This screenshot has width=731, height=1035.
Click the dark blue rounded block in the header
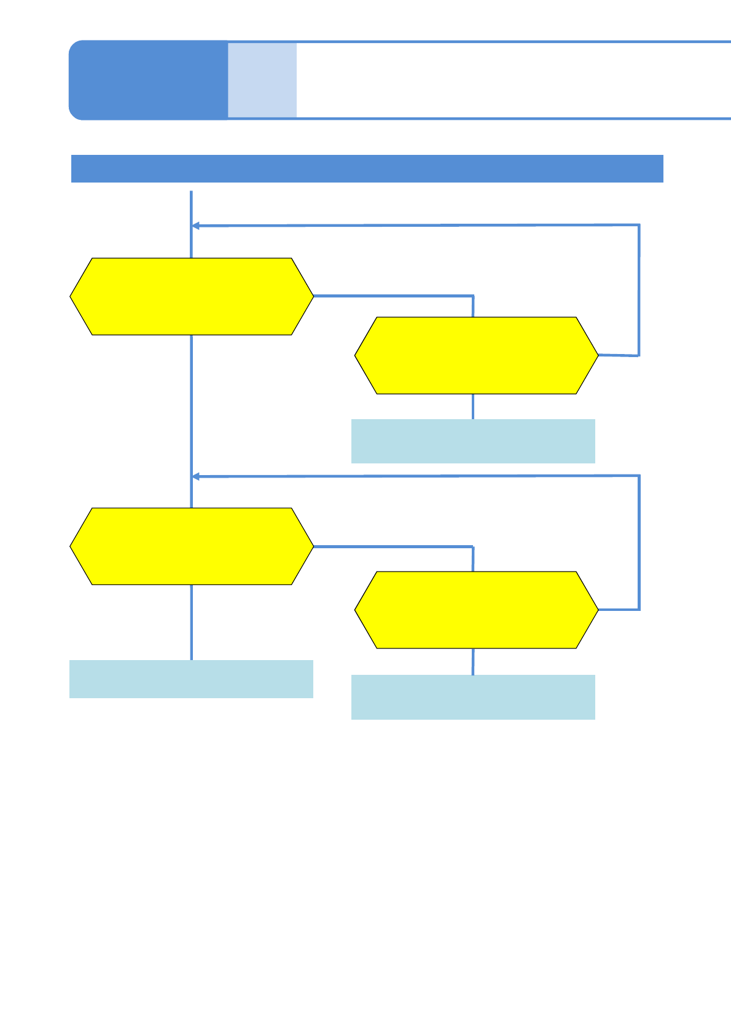147,80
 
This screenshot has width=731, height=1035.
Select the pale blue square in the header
262,80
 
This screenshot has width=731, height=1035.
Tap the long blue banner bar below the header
367,168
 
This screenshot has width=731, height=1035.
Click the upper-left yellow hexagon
192,296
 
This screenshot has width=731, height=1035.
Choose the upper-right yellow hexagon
476,355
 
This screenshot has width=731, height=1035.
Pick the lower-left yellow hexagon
192,546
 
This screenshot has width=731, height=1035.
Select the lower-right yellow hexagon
476,610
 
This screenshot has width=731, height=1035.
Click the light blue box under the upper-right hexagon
473,441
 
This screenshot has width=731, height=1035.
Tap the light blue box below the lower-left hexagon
191,679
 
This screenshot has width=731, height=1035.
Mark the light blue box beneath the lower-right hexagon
473,697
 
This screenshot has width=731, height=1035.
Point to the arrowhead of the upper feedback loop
196,226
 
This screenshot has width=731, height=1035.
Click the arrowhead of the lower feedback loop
196,476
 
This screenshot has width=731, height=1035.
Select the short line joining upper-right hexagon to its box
473,406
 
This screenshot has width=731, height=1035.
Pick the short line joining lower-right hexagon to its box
473,661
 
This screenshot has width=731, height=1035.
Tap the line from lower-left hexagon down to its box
192,622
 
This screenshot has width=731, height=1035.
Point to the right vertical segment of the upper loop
639,289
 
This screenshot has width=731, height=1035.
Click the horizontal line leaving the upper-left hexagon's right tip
393,296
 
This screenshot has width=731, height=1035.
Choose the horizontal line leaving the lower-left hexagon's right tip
393,546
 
